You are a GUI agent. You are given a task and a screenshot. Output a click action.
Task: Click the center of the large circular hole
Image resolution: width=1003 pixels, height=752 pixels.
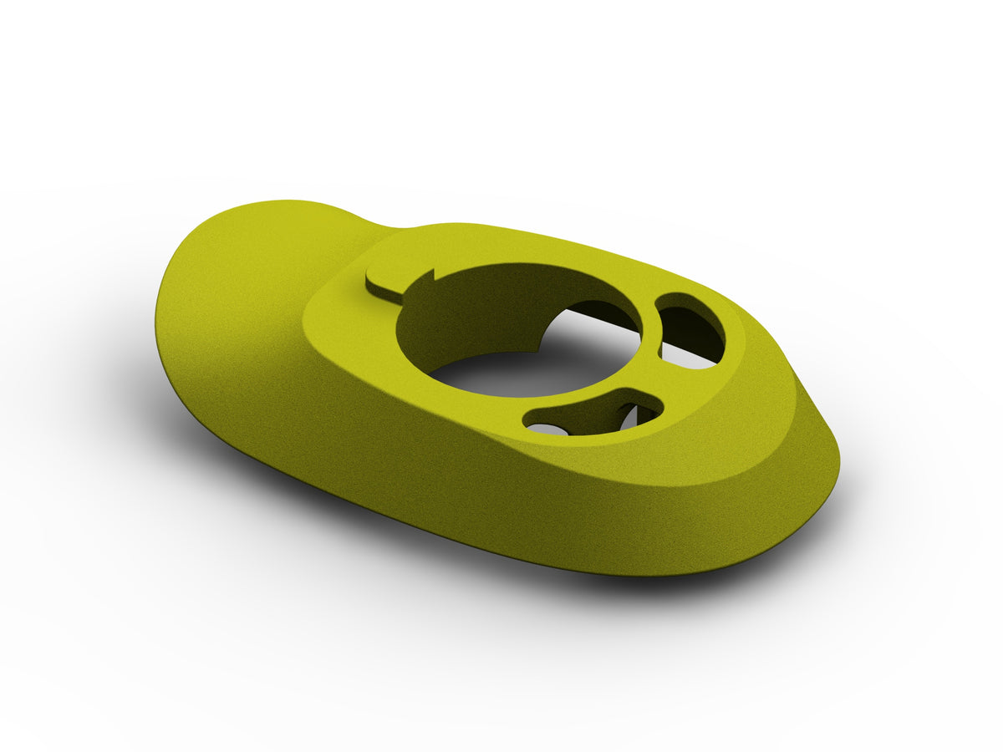(x=518, y=334)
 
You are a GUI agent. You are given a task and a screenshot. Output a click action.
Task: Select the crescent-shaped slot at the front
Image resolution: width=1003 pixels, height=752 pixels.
(x=593, y=412)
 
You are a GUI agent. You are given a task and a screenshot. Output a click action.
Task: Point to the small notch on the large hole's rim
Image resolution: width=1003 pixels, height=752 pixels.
(x=434, y=275)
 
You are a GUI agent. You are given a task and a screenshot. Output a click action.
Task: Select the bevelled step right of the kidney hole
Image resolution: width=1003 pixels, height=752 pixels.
(x=756, y=351)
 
